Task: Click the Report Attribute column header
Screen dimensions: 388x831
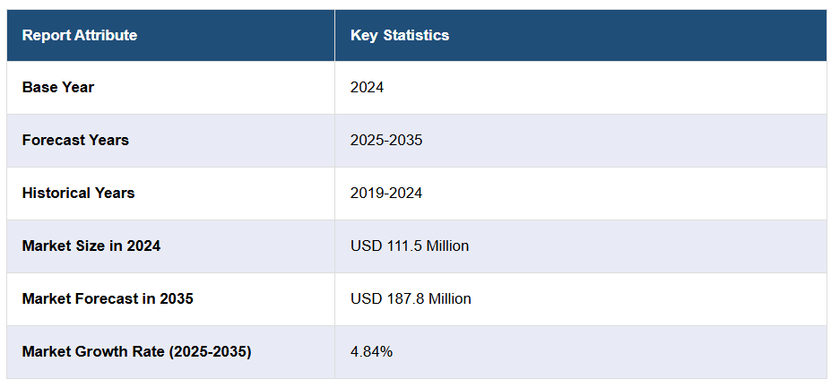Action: (x=80, y=36)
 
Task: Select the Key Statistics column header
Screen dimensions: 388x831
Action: (x=400, y=36)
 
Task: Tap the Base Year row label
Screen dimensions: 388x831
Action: (x=58, y=88)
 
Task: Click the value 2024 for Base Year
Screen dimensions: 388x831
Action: (x=368, y=88)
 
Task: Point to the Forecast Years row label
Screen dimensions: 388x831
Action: (x=75, y=141)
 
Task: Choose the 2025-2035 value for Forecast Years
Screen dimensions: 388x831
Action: (x=386, y=141)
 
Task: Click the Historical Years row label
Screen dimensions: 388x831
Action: (x=79, y=194)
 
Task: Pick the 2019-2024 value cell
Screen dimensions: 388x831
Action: (x=386, y=194)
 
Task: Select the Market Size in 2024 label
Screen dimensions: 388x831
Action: (x=91, y=246)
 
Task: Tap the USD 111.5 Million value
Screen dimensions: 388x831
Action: (x=410, y=246)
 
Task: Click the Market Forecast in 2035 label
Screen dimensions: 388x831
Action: (x=108, y=298)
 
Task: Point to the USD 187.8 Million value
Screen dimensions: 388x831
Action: (x=411, y=298)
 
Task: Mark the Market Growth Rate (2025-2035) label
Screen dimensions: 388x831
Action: (x=136, y=351)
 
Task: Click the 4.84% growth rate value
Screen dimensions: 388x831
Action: (x=371, y=351)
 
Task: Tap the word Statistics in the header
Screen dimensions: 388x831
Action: (x=416, y=36)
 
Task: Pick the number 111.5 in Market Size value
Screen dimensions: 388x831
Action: (x=401, y=246)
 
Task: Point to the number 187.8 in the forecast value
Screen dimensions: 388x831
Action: (x=401, y=298)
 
